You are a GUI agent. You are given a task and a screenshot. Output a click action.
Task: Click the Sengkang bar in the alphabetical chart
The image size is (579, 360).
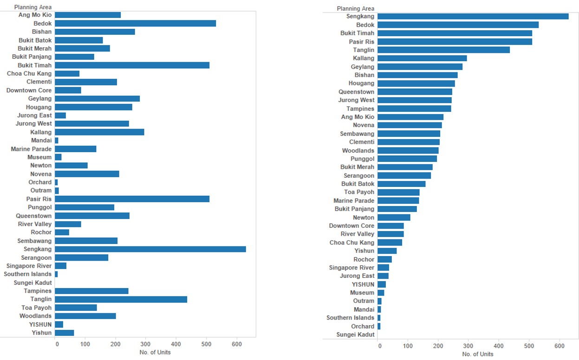coord(150,249)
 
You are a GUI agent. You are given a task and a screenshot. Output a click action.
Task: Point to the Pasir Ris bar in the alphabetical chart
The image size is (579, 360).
coord(132,199)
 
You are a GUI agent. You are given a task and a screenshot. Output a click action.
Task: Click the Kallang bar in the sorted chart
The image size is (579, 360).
coord(422,58)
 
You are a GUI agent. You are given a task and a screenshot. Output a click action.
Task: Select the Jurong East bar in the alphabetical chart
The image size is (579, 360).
coord(60,116)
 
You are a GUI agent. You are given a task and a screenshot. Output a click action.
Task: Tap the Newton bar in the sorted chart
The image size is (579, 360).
coord(394,217)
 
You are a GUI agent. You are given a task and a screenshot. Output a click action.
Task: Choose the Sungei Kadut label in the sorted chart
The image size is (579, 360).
coord(355,334)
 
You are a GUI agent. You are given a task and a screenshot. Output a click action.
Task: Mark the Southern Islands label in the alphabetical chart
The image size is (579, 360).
coord(28,274)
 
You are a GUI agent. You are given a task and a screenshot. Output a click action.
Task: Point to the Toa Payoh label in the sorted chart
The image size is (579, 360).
coord(359,192)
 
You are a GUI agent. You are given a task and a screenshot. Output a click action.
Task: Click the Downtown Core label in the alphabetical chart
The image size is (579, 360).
coord(29,90)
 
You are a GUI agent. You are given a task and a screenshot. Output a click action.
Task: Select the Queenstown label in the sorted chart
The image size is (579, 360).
coord(356,92)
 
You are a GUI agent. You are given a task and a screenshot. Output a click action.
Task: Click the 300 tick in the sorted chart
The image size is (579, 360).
coord(468,346)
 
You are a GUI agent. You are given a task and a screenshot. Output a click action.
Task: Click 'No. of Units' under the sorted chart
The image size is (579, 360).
coord(478,354)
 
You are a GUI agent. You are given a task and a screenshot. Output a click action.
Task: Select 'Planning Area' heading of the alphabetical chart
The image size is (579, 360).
coord(33,7)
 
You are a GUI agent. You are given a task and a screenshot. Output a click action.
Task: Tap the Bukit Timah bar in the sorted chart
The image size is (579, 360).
coord(455,33)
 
